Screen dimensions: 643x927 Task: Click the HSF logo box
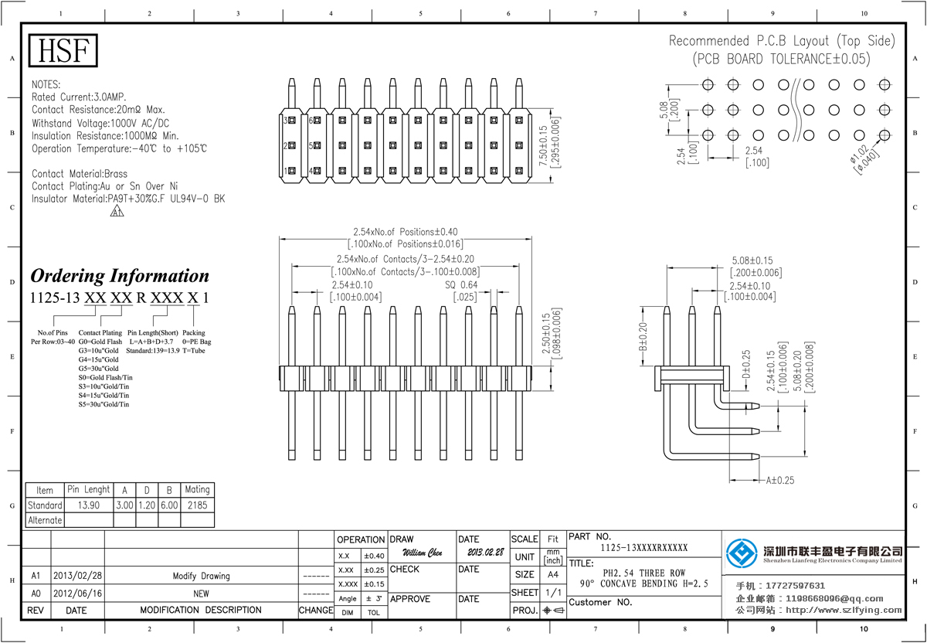(63, 52)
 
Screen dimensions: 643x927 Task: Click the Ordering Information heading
(119, 276)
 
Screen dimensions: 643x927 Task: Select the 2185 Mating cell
(196, 505)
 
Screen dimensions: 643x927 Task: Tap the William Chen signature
(423, 553)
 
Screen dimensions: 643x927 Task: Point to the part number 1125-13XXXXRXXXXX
(643, 548)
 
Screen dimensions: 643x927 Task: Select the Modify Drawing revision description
(201, 576)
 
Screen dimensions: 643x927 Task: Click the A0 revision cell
(36, 593)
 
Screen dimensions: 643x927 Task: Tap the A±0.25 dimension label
(780, 481)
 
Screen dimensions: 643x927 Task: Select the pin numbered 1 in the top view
(286, 170)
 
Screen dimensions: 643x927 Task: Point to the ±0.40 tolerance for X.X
(373, 556)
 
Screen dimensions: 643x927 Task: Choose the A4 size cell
(553, 575)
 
